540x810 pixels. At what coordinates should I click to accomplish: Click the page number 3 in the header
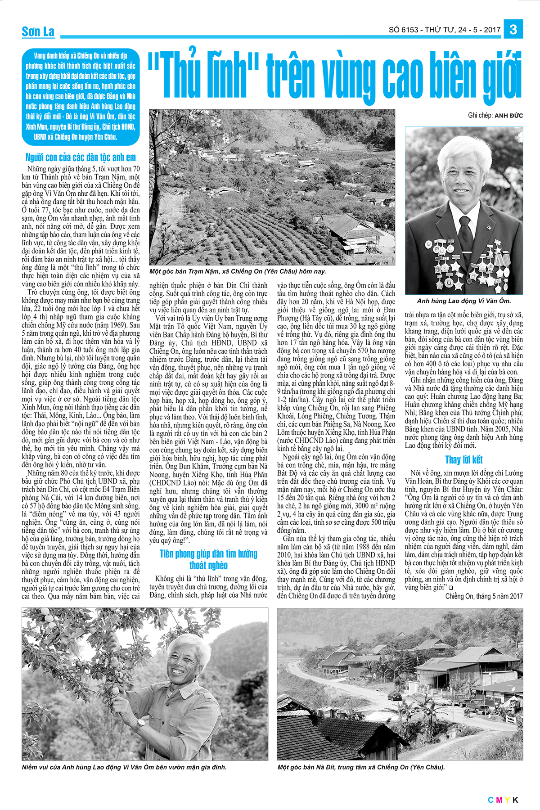click(513, 30)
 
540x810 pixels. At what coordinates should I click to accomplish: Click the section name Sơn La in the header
click(38, 31)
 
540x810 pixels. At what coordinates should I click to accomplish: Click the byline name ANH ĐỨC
click(508, 116)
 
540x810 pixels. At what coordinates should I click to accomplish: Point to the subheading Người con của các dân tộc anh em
click(81, 157)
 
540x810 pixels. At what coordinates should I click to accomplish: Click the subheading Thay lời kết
click(463, 459)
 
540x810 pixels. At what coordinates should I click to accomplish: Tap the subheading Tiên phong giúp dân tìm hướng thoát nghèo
click(208, 559)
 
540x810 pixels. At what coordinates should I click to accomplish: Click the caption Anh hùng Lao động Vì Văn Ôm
click(464, 301)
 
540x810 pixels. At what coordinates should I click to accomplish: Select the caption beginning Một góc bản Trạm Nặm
click(238, 271)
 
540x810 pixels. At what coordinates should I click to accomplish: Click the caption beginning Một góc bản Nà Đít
click(361, 767)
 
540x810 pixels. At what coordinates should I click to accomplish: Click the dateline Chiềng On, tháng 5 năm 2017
click(484, 596)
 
